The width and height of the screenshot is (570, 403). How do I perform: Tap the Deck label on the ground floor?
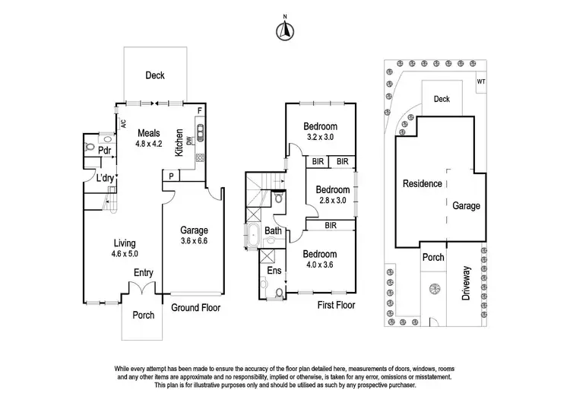(155, 75)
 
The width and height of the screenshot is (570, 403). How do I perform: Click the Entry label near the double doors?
(144, 273)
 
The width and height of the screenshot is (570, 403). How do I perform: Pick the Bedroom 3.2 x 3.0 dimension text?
(320, 132)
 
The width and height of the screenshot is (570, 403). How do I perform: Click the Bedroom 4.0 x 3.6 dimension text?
(319, 259)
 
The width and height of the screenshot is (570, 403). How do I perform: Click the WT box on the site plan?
(480, 81)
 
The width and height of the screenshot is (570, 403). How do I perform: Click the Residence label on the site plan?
(422, 183)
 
